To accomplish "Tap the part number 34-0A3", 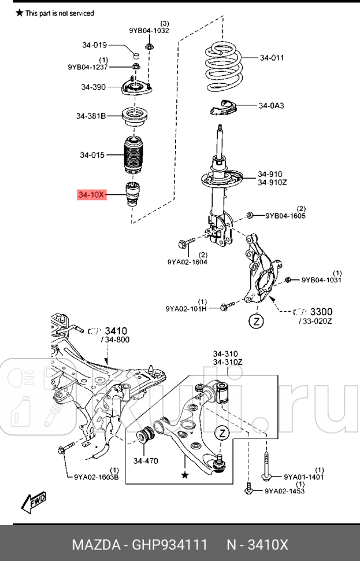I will point(271,106).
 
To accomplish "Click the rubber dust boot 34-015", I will point(134,155).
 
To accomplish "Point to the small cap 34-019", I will point(137,55).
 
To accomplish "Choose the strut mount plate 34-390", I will point(136,88).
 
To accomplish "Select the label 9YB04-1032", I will point(149,31).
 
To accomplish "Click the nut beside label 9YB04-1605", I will point(250,216).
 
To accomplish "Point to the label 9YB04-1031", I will point(321,280).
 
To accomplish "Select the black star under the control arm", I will point(185,475).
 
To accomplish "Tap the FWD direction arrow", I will point(34,502).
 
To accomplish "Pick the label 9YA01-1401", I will point(303,477).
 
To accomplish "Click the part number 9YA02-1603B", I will point(97,477).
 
